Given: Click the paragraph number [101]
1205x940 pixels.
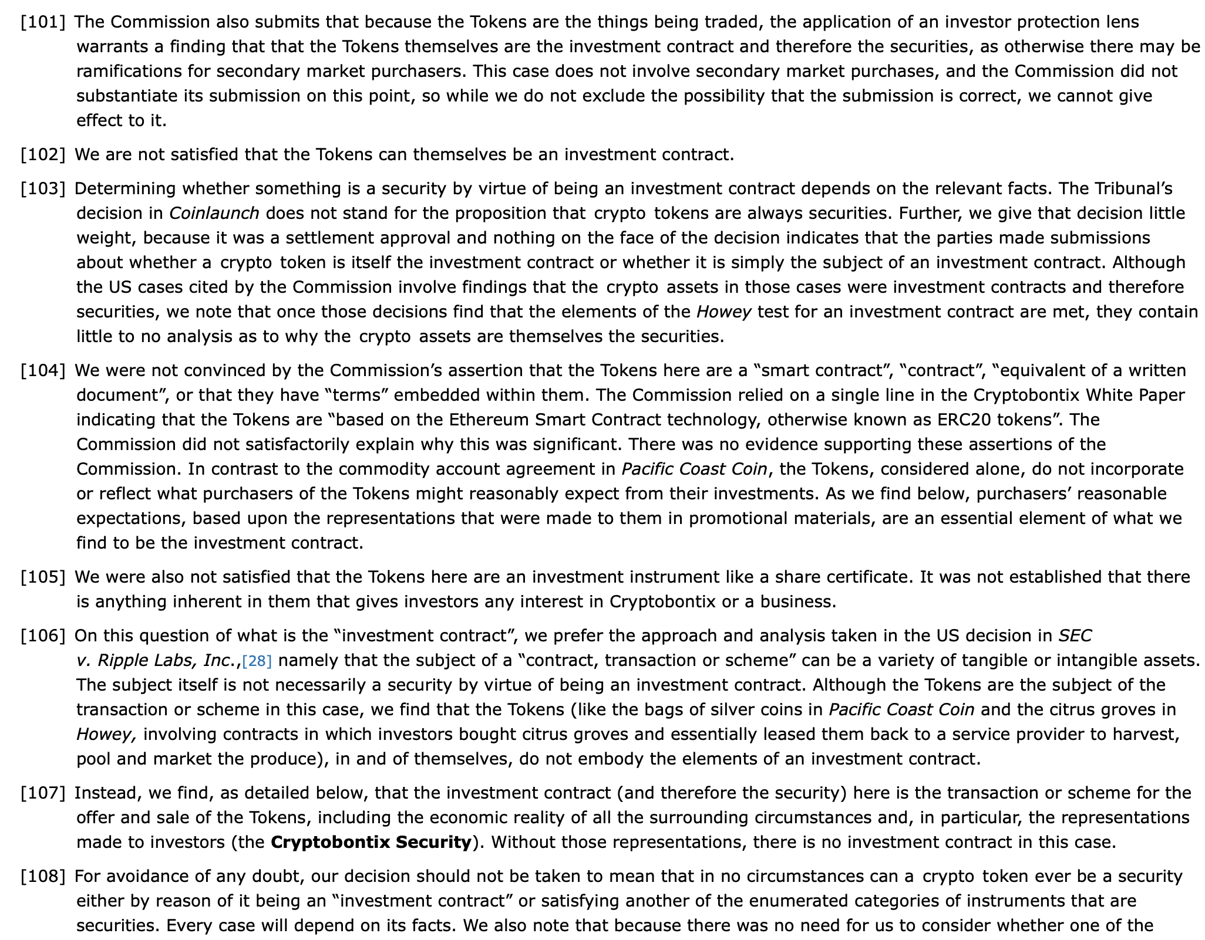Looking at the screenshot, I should click(x=43, y=22).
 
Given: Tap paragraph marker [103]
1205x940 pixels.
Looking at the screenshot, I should click(x=43, y=189).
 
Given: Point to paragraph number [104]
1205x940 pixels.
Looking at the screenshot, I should click(x=43, y=371).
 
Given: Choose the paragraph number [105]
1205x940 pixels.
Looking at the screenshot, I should click(x=43, y=577).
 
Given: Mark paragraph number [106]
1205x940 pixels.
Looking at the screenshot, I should click(x=43, y=636).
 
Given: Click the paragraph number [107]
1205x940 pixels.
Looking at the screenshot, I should click(x=43, y=793).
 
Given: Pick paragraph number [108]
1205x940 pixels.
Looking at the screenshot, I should click(x=43, y=877).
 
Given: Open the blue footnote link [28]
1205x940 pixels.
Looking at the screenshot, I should click(x=257, y=661).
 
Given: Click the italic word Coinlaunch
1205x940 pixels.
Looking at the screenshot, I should click(x=214, y=214).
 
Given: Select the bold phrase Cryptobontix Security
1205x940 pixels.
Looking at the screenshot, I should click(x=371, y=843).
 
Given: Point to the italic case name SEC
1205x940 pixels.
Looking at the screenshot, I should click(x=1075, y=636).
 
